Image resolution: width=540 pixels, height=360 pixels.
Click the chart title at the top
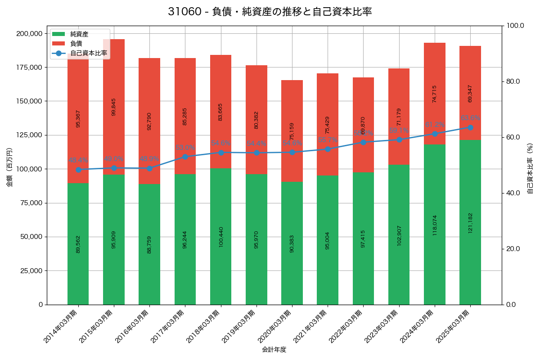(x=270, y=12)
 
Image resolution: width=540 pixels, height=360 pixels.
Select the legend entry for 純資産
(x=79, y=34)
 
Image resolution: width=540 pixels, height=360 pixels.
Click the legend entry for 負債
(x=76, y=44)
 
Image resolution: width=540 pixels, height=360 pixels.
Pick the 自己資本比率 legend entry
(x=88, y=53)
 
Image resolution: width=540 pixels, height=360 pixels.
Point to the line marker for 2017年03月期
(x=185, y=157)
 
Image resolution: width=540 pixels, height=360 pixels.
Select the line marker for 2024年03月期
(x=435, y=134)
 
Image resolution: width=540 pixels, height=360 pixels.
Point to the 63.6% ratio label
(x=470, y=118)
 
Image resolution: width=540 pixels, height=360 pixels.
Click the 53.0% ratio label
(x=185, y=147)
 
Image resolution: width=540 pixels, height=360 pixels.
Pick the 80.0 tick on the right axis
(x=513, y=81)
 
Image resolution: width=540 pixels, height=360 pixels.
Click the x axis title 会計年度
(x=274, y=349)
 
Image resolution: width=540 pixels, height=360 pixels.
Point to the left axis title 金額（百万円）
(x=9, y=167)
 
